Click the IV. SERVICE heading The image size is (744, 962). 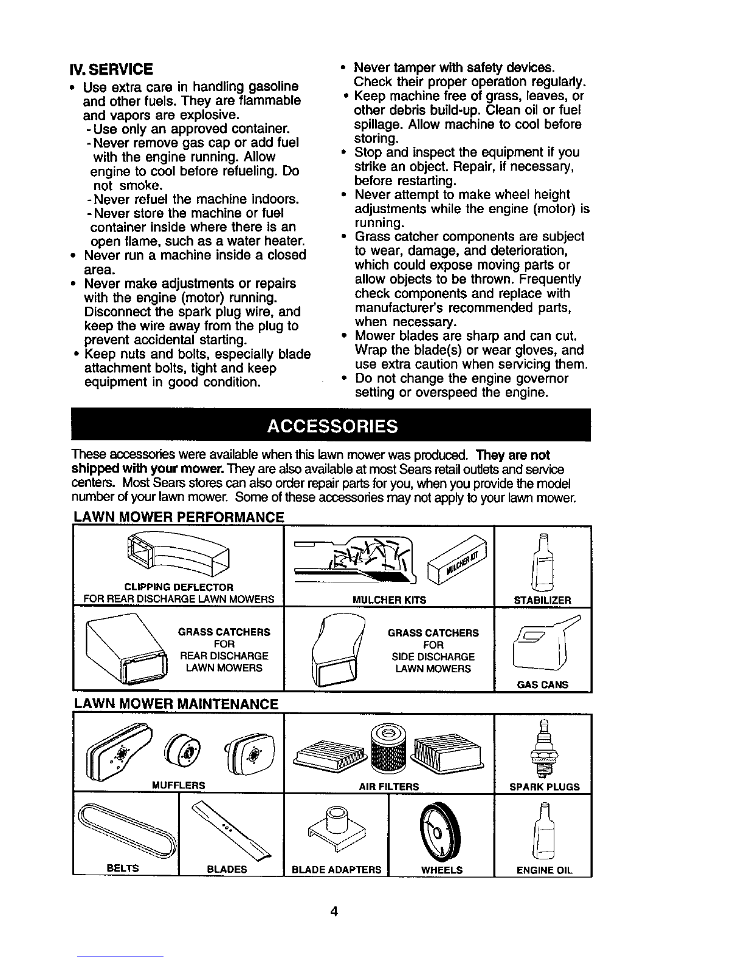pyautogui.click(x=111, y=69)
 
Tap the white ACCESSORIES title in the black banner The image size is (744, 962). pyautogui.click(x=332, y=426)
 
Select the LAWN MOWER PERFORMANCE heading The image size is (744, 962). pyautogui.click(x=179, y=517)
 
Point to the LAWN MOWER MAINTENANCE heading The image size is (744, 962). pyautogui.click(x=176, y=704)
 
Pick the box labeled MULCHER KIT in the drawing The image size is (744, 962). pyautogui.click(x=457, y=559)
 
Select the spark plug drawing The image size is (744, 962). pyautogui.click(x=542, y=749)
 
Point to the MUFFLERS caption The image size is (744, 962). pyautogui.click(x=179, y=785)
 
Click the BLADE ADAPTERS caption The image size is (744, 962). pyautogui.click(x=336, y=870)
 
